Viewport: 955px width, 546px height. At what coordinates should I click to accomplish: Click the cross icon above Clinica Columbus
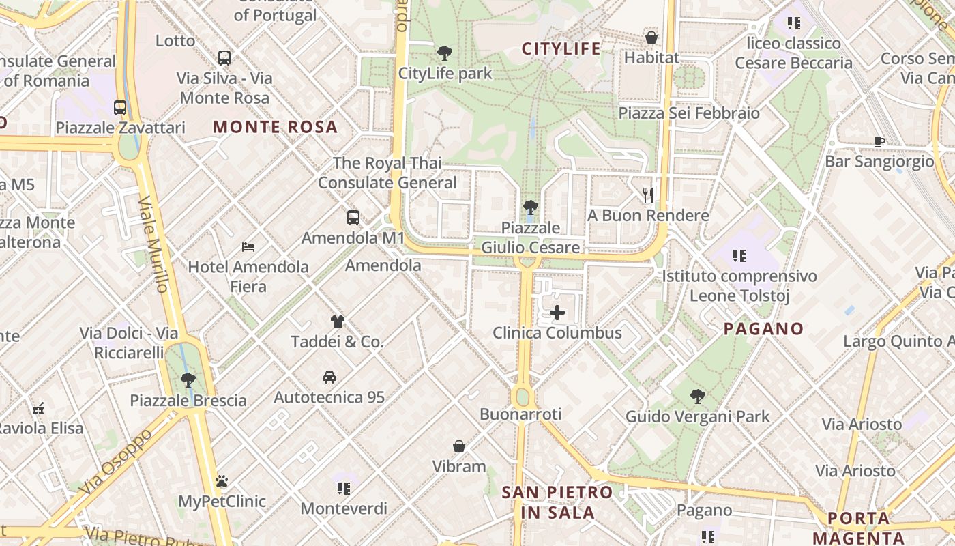pyautogui.click(x=557, y=313)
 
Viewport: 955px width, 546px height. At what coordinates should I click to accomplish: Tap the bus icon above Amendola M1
pyautogui.click(x=353, y=218)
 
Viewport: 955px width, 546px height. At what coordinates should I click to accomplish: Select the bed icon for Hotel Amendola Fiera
pyautogui.click(x=248, y=246)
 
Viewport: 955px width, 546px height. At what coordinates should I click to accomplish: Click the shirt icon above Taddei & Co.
pyautogui.click(x=337, y=321)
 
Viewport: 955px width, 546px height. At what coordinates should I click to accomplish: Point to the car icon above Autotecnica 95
pyautogui.click(x=329, y=377)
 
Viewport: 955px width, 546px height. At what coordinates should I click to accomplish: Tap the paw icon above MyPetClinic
pyautogui.click(x=222, y=481)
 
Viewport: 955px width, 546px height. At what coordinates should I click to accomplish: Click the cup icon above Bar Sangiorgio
pyautogui.click(x=879, y=142)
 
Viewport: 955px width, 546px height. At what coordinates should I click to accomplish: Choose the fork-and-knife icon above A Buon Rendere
pyautogui.click(x=648, y=195)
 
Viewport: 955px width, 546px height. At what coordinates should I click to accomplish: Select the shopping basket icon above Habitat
pyautogui.click(x=651, y=38)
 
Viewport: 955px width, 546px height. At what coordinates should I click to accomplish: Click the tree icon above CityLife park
pyautogui.click(x=445, y=53)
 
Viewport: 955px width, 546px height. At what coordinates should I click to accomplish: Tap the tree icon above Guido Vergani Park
pyautogui.click(x=697, y=396)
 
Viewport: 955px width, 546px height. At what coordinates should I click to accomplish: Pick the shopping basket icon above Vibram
pyautogui.click(x=459, y=446)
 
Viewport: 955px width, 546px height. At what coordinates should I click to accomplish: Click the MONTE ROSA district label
pyautogui.click(x=276, y=127)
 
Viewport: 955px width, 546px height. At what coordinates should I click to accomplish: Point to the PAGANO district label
pyautogui.click(x=763, y=329)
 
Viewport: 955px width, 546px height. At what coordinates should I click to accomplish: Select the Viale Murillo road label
pyautogui.click(x=153, y=244)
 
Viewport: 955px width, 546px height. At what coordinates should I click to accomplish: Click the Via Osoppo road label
pyautogui.click(x=116, y=463)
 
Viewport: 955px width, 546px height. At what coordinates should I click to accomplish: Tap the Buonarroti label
pyautogui.click(x=520, y=414)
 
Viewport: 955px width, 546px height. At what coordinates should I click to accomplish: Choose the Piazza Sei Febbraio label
pyautogui.click(x=689, y=113)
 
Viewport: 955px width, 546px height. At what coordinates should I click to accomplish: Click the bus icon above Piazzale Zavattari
pyautogui.click(x=120, y=107)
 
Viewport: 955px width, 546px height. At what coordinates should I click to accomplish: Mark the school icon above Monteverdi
pyautogui.click(x=343, y=488)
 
